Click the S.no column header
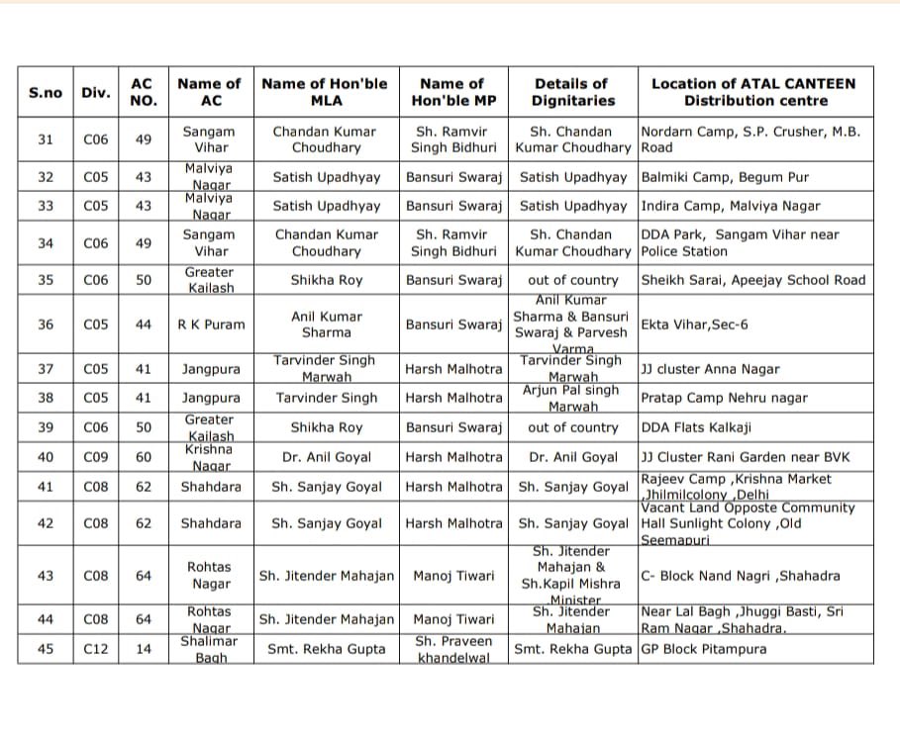click(x=45, y=92)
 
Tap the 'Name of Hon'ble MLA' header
click(x=326, y=92)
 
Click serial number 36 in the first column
click(x=45, y=324)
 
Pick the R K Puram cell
click(x=210, y=324)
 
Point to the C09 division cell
click(x=96, y=457)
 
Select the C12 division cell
click(x=96, y=649)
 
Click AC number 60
click(x=144, y=457)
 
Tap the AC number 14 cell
click(x=144, y=649)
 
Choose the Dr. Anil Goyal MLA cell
click(x=326, y=457)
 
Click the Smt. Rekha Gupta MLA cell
click(x=326, y=649)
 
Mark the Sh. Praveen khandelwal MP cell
click(x=453, y=649)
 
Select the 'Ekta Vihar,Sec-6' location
click(x=693, y=324)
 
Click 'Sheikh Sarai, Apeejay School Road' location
click(x=752, y=280)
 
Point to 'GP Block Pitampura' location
click(x=703, y=649)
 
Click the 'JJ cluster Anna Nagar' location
click(x=710, y=369)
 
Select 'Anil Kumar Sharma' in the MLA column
click(x=326, y=324)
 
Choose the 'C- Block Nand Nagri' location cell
click(x=740, y=576)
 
